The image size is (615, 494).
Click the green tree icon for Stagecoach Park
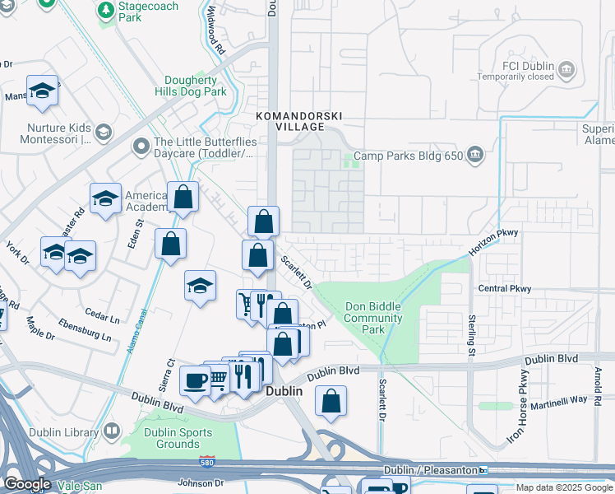[x=105, y=10]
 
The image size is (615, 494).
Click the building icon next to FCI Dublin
[x=566, y=68]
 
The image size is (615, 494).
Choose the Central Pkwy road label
[x=504, y=289]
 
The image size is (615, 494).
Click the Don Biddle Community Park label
[x=372, y=318]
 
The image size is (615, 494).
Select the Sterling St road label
[x=473, y=334]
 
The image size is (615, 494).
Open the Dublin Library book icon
[x=111, y=431]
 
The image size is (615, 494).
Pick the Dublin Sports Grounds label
[x=178, y=438]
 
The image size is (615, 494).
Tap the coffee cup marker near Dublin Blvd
[x=196, y=380]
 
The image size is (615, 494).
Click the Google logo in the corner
[x=26, y=484]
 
